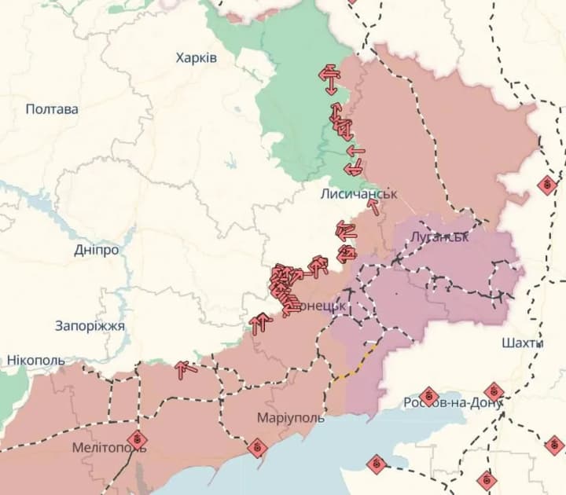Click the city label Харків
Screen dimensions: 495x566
click(x=197, y=58)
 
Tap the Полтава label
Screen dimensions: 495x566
click(x=52, y=109)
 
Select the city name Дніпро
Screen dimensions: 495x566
click(x=97, y=250)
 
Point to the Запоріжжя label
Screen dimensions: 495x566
click(x=90, y=325)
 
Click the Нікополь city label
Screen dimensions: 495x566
click(x=36, y=360)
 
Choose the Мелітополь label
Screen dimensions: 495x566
click(x=108, y=447)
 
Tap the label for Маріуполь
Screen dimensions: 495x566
click(x=290, y=418)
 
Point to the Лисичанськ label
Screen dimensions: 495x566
click(x=359, y=192)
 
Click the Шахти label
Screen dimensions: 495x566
click(x=522, y=343)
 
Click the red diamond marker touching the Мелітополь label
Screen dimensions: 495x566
click(x=138, y=438)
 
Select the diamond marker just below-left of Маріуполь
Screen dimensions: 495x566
click(x=256, y=448)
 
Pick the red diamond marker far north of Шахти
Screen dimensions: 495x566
click(x=547, y=185)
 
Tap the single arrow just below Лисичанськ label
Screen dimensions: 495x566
click(x=373, y=207)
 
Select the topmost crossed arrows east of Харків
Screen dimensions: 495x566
click(x=329, y=75)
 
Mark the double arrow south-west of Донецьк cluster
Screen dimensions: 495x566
click(x=259, y=323)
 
